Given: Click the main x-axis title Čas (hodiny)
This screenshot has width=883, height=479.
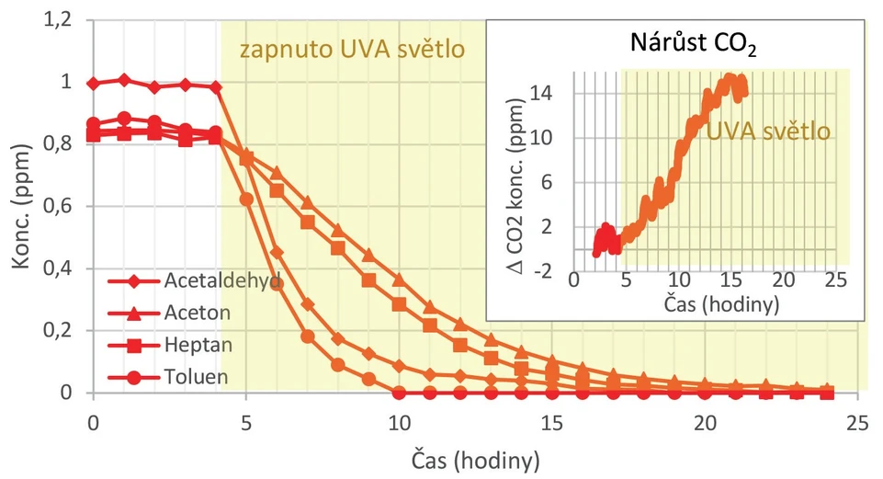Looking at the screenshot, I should coord(473,456).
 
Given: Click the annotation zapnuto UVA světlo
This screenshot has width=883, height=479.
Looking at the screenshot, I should coord(352,48).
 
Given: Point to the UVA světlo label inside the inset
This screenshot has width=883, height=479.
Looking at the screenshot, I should coord(768,131).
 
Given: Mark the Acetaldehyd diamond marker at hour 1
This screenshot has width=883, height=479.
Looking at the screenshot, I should coord(123,80).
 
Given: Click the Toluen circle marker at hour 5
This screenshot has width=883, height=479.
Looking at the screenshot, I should coord(245,199).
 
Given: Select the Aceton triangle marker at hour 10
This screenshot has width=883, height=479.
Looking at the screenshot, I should coord(399,279).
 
